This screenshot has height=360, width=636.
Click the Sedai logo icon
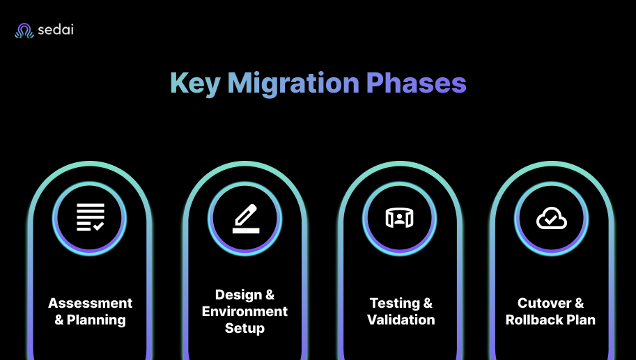(x=24, y=31)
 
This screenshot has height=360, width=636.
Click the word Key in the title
(x=194, y=84)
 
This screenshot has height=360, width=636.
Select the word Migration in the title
(x=293, y=84)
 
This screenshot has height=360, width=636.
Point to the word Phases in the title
(x=417, y=84)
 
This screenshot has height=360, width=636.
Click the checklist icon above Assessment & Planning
(x=90, y=217)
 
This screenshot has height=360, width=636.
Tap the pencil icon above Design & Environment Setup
(x=245, y=217)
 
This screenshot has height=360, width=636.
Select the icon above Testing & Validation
(x=400, y=218)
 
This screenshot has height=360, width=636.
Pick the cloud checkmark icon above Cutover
(x=551, y=219)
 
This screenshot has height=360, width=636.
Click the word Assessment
(x=90, y=304)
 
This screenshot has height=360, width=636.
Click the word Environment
(x=245, y=311)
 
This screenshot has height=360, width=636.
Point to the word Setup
(x=245, y=328)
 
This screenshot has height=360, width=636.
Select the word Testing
(x=394, y=304)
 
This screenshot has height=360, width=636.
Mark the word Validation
(x=401, y=320)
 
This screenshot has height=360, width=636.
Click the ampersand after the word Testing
(x=427, y=304)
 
